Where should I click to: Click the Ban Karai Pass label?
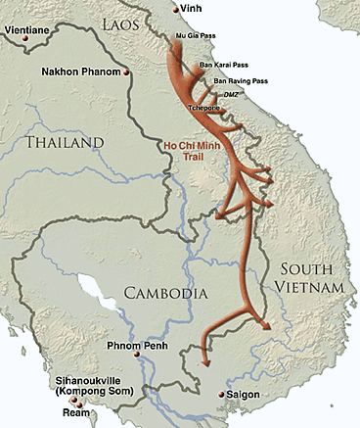[x=221, y=65]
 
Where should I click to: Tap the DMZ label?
[x=232, y=93]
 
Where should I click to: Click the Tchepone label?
[x=204, y=109]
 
